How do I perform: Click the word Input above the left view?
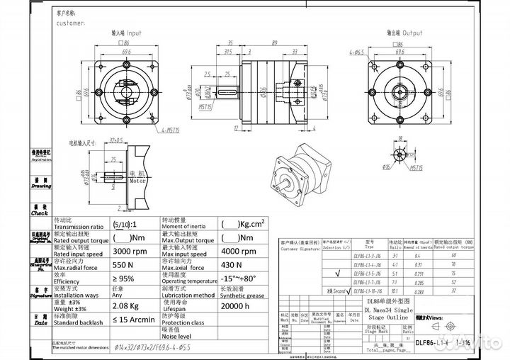pyautogui.click(x=132, y=33)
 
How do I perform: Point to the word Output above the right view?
pyautogui.click(x=412, y=33)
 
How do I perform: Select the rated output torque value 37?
pyautogui.click(x=470, y=290)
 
